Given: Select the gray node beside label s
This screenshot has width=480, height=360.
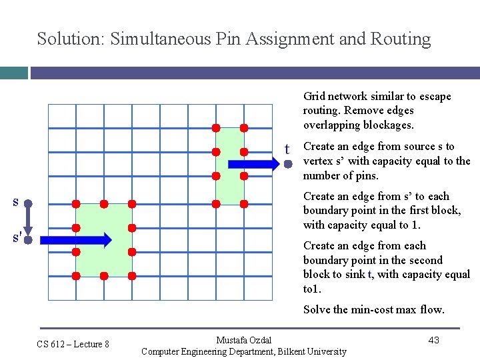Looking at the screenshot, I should tap(29, 203).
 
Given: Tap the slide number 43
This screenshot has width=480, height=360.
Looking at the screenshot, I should tap(433, 340).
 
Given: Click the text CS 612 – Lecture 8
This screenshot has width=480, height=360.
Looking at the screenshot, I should tap(73, 344).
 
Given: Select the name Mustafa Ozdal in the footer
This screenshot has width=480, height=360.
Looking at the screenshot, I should tap(244, 341).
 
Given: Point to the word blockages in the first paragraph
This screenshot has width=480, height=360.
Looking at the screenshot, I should tap(390, 125).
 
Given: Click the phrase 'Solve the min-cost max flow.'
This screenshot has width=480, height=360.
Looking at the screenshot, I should tap(373, 309).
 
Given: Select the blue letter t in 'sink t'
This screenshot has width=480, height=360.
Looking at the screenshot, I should tap(369, 275).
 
